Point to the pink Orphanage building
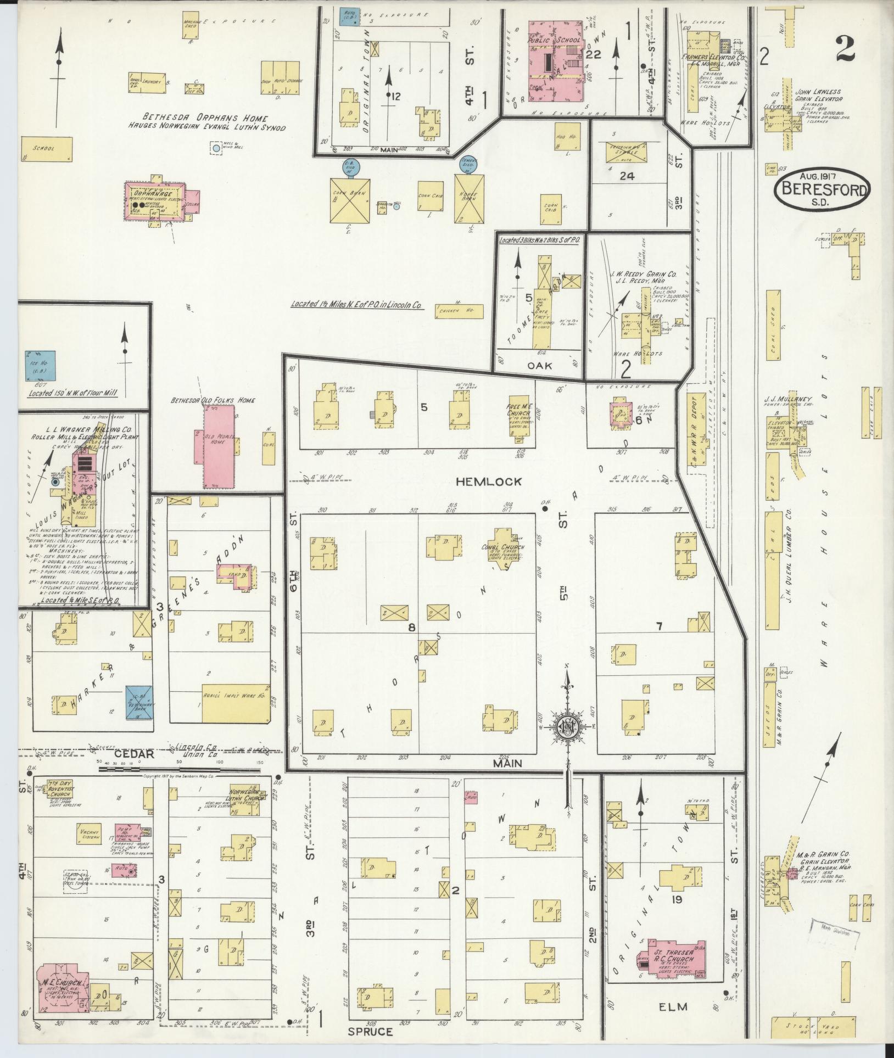157,201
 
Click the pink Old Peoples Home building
218,446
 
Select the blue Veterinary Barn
139,702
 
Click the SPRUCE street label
371,1031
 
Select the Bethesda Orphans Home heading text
205,118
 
